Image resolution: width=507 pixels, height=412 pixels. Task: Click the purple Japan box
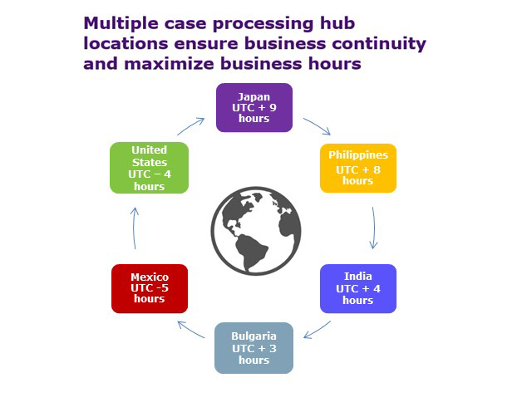pos(254,107)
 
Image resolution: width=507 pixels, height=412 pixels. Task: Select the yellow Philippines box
pos(357,168)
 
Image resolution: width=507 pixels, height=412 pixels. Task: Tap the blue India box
pos(357,288)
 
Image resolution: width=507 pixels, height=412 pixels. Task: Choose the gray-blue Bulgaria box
pos(254,348)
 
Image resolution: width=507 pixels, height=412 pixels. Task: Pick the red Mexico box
pos(150,288)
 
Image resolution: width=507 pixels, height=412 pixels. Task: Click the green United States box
pos(150,168)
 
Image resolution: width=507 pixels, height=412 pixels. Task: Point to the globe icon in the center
pos(255,228)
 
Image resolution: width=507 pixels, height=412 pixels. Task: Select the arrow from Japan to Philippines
pos(317,126)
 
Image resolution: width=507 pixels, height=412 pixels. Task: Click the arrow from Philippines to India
pos(374,228)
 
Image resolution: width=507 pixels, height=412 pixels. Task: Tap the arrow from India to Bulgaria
pos(317,330)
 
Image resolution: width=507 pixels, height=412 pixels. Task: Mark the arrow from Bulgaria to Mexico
pos(191,330)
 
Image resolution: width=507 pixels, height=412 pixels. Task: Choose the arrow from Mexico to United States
pos(135,228)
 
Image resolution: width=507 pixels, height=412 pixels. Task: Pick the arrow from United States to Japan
pos(191,126)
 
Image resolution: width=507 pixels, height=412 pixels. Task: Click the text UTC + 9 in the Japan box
pos(254,107)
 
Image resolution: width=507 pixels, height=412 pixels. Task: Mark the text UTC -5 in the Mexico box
pos(150,288)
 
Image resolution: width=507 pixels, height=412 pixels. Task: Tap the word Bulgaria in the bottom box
pos(254,336)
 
